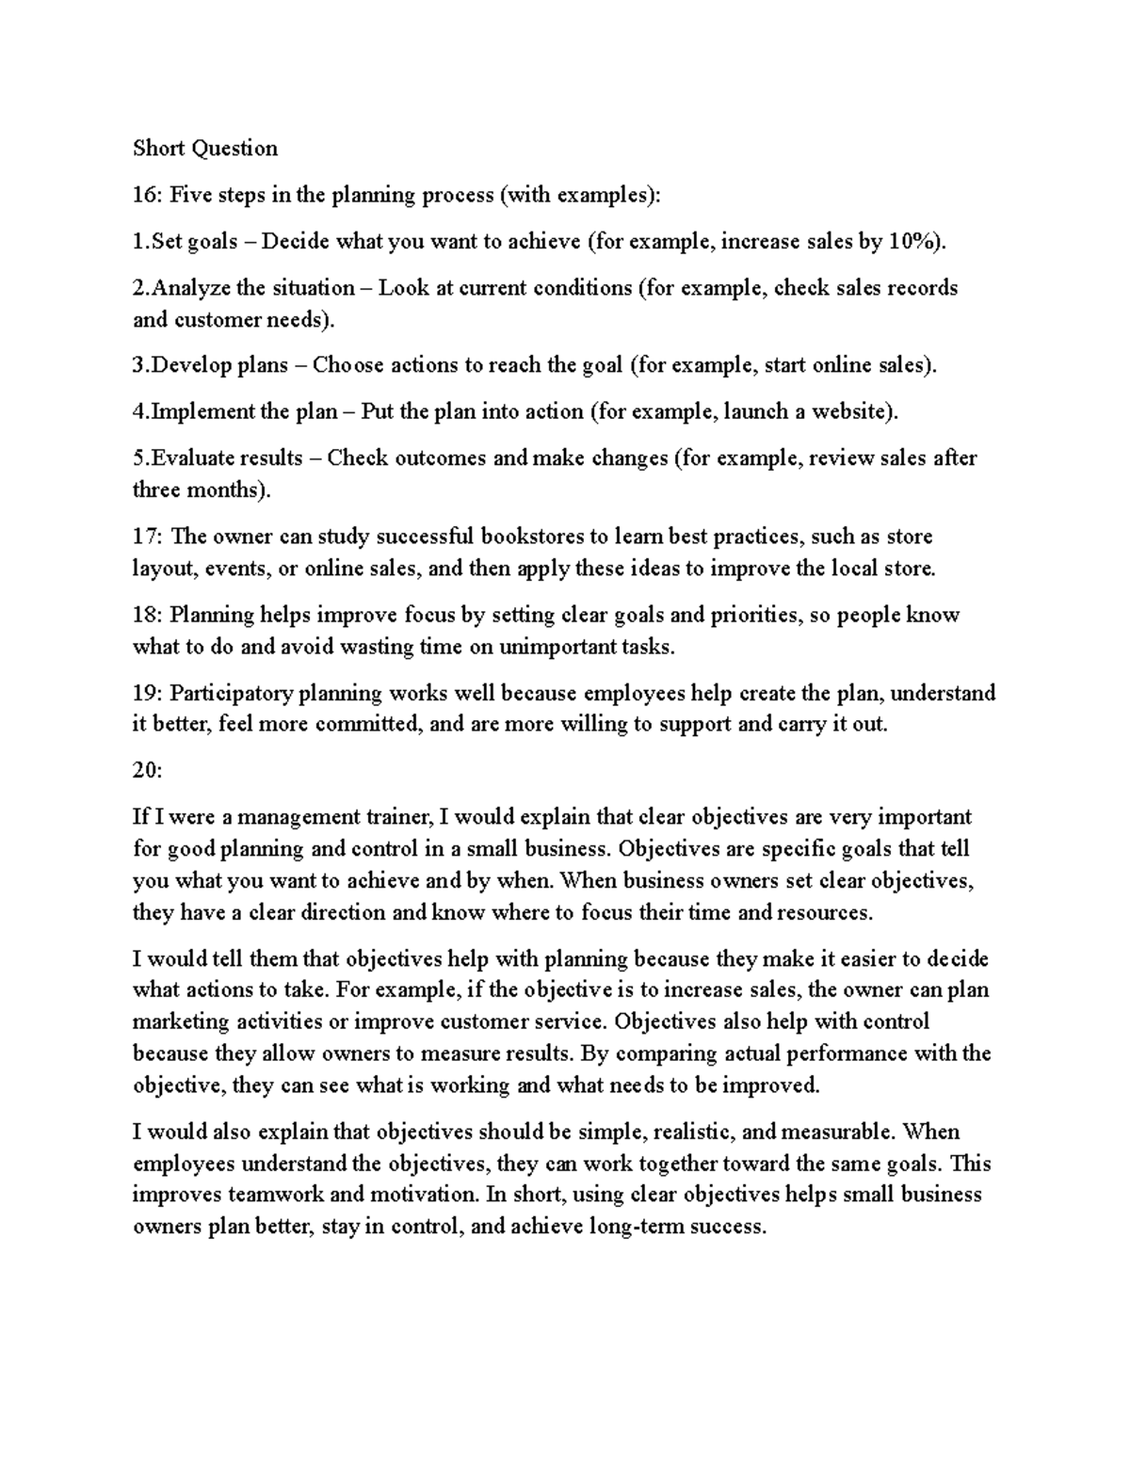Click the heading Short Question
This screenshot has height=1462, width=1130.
point(205,148)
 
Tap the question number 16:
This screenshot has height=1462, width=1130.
point(148,195)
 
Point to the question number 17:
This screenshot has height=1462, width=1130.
point(148,537)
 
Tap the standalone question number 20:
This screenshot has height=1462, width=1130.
point(148,770)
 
